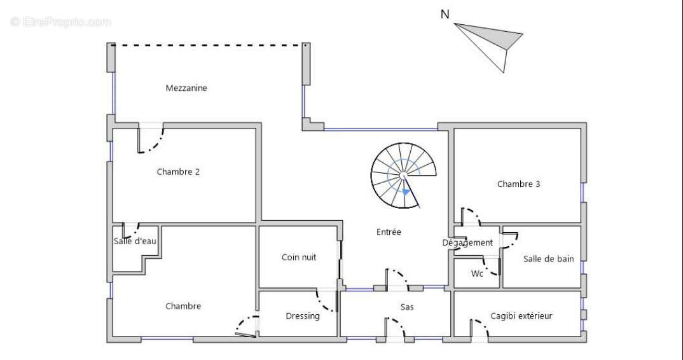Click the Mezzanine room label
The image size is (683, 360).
pyautogui.click(x=186, y=88)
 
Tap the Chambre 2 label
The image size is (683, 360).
pyautogui.click(x=178, y=171)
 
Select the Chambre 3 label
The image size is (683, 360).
pyautogui.click(x=518, y=184)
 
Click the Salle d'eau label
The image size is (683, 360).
pyautogui.click(x=135, y=241)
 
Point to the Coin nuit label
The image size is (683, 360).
pyautogui.click(x=299, y=258)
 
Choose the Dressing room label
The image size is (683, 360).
pyautogui.click(x=303, y=316)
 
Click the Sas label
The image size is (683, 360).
pyautogui.click(x=408, y=307)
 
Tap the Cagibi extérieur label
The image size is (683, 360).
pyautogui.click(x=521, y=315)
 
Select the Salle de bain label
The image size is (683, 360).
pyautogui.click(x=548, y=259)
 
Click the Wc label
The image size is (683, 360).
pyautogui.click(x=477, y=274)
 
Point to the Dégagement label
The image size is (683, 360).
pyautogui.click(x=467, y=243)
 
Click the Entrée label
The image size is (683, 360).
pyautogui.click(x=389, y=232)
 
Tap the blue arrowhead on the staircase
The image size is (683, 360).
pyautogui.click(x=405, y=190)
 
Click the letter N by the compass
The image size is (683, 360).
pyautogui.click(x=446, y=14)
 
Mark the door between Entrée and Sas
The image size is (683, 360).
pyautogui.click(x=398, y=277)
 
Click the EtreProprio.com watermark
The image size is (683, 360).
pyautogui.click(x=61, y=22)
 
